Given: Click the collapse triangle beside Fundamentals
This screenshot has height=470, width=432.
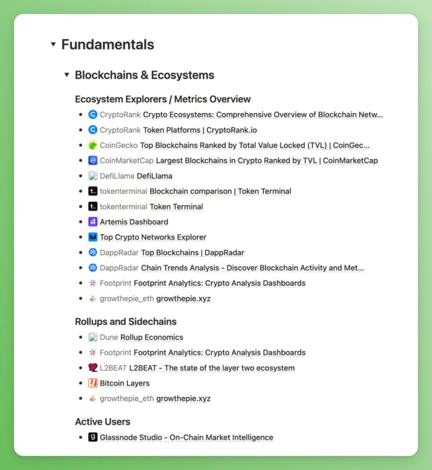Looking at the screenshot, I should [53, 44].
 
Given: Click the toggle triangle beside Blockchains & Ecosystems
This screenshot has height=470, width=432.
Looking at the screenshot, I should [66, 75].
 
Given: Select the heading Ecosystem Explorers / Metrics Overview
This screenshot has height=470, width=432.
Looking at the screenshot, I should [163, 99].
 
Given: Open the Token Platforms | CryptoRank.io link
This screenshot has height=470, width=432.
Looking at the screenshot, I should [200, 130].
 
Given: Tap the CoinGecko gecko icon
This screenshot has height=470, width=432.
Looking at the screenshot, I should [92, 145].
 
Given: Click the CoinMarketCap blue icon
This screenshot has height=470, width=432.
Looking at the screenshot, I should [92, 160].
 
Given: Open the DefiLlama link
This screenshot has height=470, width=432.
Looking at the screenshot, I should [154, 176].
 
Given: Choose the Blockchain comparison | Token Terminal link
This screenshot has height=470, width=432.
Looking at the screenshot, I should [220, 191].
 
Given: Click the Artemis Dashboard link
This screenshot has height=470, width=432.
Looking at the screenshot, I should [134, 222].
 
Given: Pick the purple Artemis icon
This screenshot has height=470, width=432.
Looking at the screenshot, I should [92, 222].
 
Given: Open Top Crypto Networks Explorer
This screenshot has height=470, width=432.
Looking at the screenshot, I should [153, 237].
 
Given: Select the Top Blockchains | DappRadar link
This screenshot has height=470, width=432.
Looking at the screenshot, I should [192, 253].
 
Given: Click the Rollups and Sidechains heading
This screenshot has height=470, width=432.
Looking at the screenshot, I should [125, 322].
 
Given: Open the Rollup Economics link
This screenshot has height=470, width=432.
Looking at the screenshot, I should [152, 337].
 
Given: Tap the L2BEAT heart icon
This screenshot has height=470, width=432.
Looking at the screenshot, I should [92, 368].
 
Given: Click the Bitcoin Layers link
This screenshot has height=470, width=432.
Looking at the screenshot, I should [125, 383].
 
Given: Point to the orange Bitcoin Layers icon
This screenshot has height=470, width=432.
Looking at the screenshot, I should [92, 383].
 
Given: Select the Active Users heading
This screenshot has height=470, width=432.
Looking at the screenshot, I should [102, 421].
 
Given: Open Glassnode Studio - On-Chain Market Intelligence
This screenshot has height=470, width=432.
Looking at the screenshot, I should [186, 437].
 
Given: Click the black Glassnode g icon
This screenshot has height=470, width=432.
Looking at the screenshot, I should [92, 437].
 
